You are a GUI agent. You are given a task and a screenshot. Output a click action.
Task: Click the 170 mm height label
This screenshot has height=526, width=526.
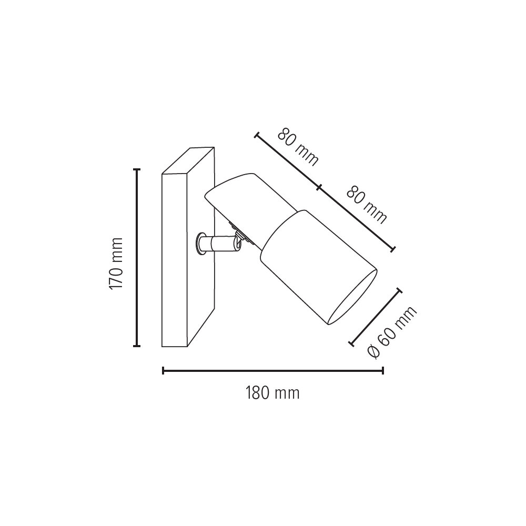pyautogui.click(x=116, y=264)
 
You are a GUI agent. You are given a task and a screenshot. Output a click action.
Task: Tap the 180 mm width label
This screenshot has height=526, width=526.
pyautogui.click(x=272, y=393)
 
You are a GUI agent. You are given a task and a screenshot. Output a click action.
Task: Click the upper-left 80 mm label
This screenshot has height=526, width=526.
pyautogui.click(x=298, y=147)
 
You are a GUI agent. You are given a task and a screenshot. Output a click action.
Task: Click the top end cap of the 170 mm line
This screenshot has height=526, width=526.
pyautogui.click(x=137, y=169)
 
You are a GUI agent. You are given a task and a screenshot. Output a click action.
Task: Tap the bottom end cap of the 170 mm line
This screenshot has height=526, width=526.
pyautogui.click(x=137, y=346)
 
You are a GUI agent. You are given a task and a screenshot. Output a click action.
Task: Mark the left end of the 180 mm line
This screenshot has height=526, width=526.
pyautogui.click(x=163, y=370)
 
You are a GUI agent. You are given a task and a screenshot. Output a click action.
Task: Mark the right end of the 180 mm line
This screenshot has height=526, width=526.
pyautogui.click(x=383, y=370)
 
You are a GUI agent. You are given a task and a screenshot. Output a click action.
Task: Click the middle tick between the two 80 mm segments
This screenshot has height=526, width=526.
pyautogui.click(x=319, y=188)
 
